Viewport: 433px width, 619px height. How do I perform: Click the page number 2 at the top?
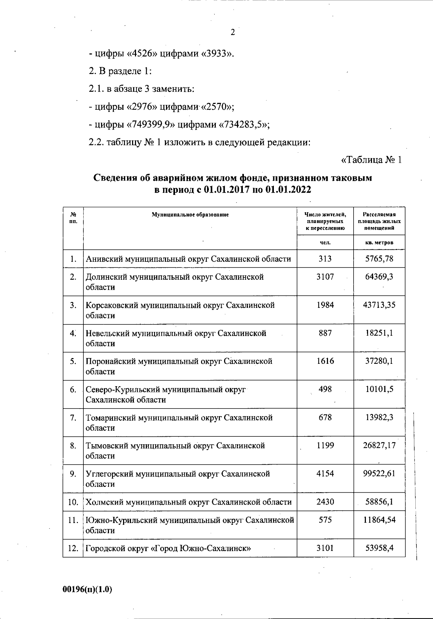[x=233, y=32]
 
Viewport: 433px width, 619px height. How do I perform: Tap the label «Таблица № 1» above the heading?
[x=371, y=160]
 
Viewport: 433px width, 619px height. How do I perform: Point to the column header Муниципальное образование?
[x=190, y=215]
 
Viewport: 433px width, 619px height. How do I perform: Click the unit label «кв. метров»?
[x=379, y=243]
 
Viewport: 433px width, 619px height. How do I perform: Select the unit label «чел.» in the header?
[x=325, y=243]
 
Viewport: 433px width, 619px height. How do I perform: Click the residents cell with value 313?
[x=325, y=259]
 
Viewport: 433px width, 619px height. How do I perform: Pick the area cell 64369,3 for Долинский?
[x=379, y=277]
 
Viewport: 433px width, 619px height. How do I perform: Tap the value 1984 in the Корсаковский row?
[x=325, y=305]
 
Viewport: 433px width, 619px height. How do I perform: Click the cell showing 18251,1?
[x=379, y=333]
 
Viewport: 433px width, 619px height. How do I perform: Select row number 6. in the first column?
[x=73, y=389]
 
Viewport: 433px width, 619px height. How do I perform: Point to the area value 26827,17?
[x=379, y=446]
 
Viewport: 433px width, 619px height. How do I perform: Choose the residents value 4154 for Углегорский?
[x=325, y=474]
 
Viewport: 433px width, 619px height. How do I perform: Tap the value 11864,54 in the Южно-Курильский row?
[x=379, y=520]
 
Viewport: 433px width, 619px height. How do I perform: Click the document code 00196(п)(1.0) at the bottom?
[x=87, y=589]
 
